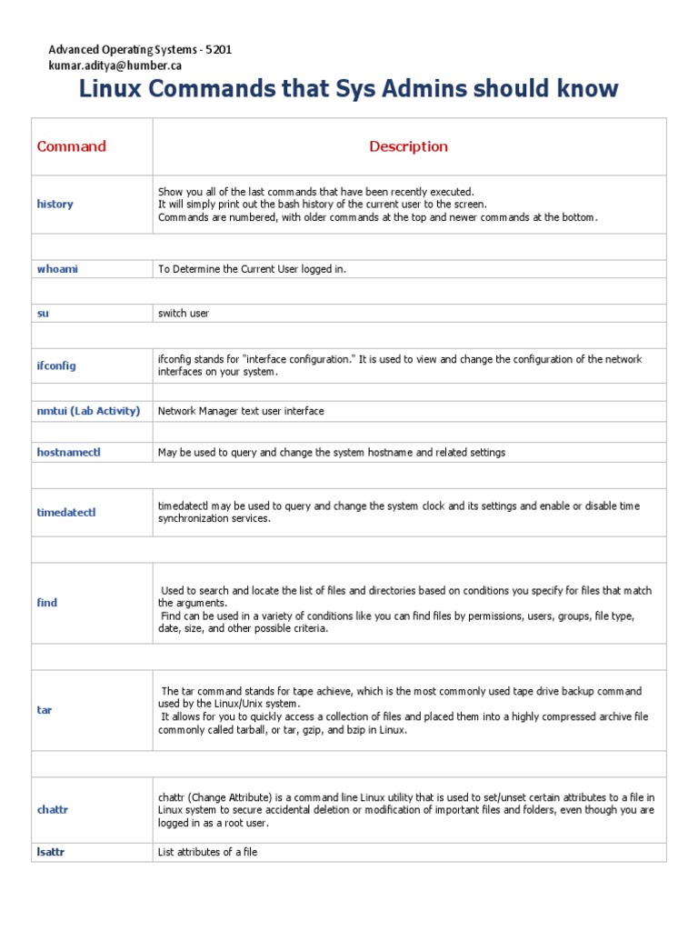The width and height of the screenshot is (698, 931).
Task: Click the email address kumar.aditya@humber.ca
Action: coord(115,66)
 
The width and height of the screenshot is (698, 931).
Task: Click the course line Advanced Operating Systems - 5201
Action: coord(140,50)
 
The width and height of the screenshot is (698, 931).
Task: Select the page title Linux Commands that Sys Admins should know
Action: coord(349,89)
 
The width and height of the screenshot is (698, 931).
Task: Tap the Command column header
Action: coord(71,146)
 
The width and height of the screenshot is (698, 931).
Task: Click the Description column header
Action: coord(408,146)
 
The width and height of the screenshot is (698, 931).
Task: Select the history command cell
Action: coord(55,205)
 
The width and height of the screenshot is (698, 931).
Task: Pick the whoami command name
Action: coord(57,269)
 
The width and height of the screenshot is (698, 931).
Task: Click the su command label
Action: coord(43,313)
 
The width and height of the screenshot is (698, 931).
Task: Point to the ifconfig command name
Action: coord(56,365)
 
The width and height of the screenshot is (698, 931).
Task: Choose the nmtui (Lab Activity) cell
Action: coord(88,411)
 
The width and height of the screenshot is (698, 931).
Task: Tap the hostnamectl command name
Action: coord(69,452)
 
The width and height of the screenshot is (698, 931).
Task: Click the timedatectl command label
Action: coord(66,512)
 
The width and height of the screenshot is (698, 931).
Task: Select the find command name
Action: coord(46,603)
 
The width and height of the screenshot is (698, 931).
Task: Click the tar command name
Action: coord(44,709)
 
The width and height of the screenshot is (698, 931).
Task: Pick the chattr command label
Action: coord(53,809)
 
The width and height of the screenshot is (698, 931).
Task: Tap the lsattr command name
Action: coord(51,852)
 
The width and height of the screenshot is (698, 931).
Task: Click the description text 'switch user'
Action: coord(184,313)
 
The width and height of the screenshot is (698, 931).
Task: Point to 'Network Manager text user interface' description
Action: coord(241,411)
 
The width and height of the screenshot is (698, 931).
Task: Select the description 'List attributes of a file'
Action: coord(214,852)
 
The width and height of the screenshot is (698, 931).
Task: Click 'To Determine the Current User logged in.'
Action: coord(253,269)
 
